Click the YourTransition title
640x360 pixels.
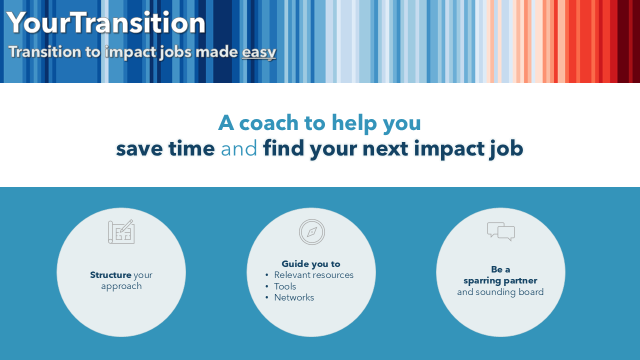(105, 23)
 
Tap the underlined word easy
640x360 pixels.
(259, 52)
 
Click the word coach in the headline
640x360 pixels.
(268, 123)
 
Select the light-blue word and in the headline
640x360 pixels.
(239, 148)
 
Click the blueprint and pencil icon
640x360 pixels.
(121, 231)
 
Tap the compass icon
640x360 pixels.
(311, 231)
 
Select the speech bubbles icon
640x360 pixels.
(501, 231)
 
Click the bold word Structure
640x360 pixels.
(110, 275)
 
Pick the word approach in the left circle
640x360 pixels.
(121, 286)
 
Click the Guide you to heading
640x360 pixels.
(311, 264)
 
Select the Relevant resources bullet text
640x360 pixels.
(313, 275)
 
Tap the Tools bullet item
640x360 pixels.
(285, 286)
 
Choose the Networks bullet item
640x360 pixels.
(294, 297)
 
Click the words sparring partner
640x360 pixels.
(500, 281)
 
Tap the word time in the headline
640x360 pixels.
(191, 148)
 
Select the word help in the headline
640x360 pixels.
(354, 123)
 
